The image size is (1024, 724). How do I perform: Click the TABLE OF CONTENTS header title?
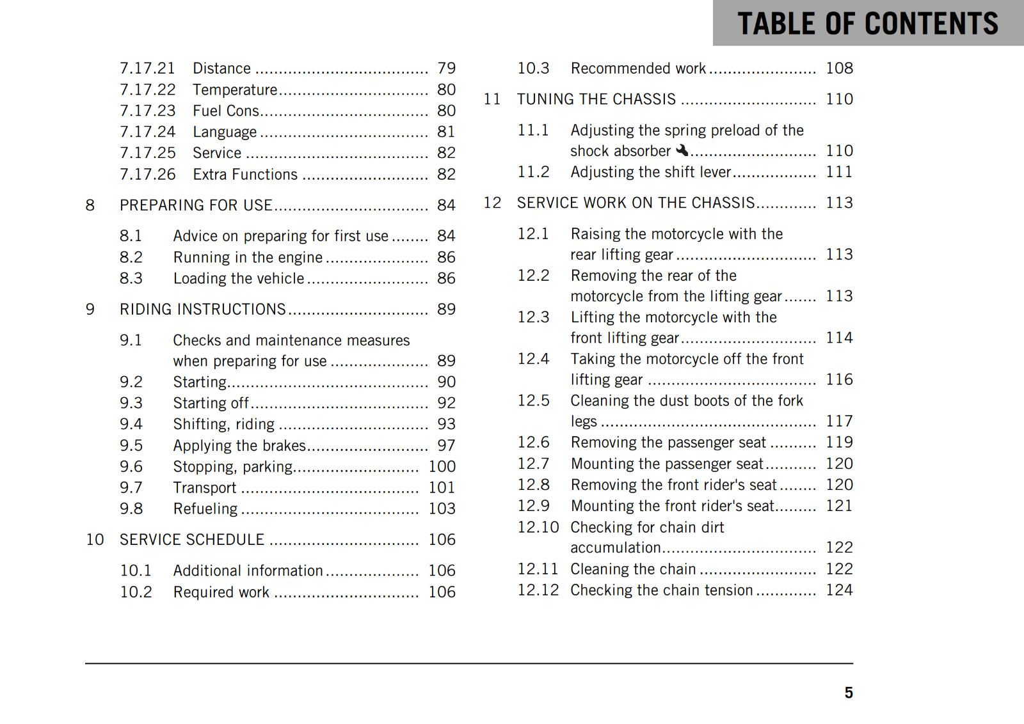pos(867,24)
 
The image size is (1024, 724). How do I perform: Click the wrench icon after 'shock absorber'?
pos(682,150)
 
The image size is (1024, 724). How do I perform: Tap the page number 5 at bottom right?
pos(848,693)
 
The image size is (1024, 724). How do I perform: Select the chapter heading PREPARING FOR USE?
pos(196,205)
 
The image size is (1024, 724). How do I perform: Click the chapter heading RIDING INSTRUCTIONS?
pos(202,310)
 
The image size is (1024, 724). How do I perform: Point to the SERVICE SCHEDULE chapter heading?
pos(192,540)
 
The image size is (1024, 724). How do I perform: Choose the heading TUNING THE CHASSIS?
pos(596,99)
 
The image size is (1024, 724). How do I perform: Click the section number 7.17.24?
pos(147,132)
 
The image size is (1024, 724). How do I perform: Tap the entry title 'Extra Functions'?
pos(245,175)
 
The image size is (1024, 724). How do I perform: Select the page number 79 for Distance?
pos(446,68)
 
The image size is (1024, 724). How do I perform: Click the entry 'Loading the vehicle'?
pos(239,279)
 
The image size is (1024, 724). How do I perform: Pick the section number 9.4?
pos(131,424)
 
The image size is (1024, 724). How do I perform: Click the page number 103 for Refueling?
pos(442,508)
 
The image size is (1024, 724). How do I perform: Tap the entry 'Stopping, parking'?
pos(233,467)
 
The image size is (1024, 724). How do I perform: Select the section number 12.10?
pos(538,527)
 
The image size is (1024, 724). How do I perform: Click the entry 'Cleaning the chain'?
pos(633,569)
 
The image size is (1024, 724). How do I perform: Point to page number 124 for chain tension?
pos(839,590)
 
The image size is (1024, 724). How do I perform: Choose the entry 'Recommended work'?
pos(638,68)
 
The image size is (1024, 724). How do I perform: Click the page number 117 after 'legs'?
pos(839,421)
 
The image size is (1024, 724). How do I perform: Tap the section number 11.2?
pos(533,172)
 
